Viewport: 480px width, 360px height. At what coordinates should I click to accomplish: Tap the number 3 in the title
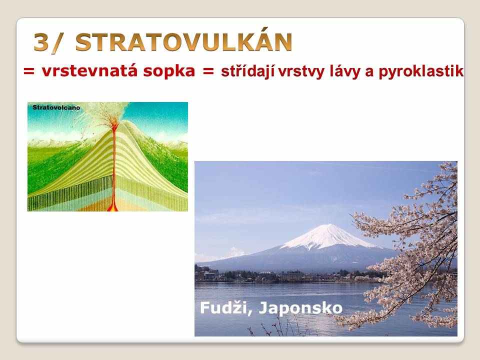(41, 42)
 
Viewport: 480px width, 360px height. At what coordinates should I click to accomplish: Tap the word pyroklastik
(421, 71)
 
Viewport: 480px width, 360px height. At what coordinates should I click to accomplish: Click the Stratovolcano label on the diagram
(56, 107)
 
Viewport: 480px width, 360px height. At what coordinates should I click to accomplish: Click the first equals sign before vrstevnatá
(29, 72)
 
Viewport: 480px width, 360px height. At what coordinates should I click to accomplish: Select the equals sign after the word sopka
(208, 72)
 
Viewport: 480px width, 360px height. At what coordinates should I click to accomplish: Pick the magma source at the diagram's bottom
(113, 206)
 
